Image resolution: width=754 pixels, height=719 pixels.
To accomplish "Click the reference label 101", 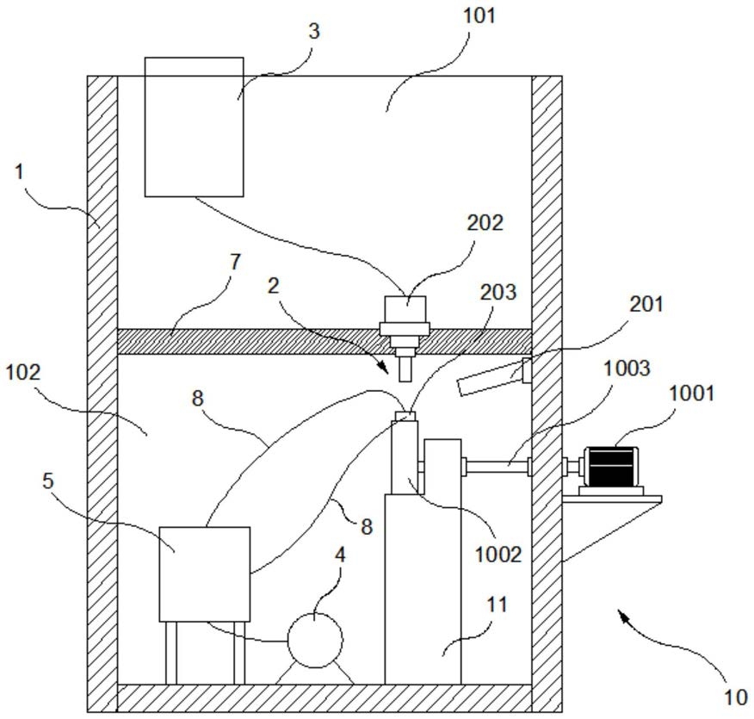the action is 479,15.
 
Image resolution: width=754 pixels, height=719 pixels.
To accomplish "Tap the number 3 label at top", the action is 313,31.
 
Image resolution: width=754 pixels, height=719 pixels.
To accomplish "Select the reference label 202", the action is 485,223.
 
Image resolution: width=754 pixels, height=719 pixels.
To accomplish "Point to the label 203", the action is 498,292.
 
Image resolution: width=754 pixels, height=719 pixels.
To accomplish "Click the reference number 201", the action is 646,304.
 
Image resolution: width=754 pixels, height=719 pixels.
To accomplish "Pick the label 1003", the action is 627,368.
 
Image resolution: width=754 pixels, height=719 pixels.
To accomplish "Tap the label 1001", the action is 691,394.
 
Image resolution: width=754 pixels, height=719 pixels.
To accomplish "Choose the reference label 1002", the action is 498,555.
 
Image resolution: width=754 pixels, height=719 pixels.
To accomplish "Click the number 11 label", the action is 497,604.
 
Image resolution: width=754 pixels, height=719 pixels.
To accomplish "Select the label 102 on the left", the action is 23,372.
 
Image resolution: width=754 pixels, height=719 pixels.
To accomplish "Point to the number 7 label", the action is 235,262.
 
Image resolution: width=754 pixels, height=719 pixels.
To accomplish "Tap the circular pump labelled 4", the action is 315,640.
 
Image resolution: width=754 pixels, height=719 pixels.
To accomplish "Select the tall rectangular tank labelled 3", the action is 195,127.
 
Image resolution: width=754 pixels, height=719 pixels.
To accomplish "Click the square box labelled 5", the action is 204,573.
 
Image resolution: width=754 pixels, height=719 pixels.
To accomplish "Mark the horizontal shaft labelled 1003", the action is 498,466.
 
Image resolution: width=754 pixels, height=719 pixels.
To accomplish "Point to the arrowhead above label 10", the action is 624,616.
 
